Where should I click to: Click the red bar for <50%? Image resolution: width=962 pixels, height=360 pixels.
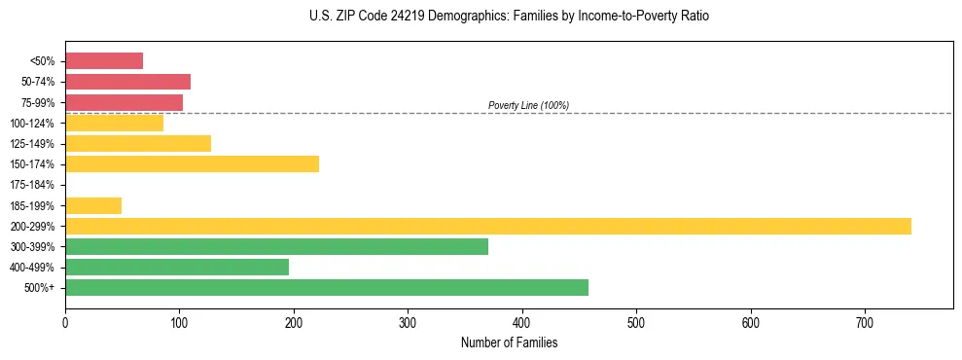coord(104,61)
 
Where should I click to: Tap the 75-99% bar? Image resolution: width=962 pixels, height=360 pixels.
coord(124,102)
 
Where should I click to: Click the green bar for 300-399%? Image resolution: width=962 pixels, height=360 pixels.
coord(276,246)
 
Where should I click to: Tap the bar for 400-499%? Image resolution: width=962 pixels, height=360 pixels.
coord(177,267)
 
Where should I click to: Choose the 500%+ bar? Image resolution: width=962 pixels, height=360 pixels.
coord(327,287)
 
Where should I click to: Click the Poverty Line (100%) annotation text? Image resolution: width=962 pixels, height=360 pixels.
coord(528,105)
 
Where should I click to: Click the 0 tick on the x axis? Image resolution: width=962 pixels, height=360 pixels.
coord(65,322)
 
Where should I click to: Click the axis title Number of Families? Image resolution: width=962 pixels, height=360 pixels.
coord(509,342)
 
